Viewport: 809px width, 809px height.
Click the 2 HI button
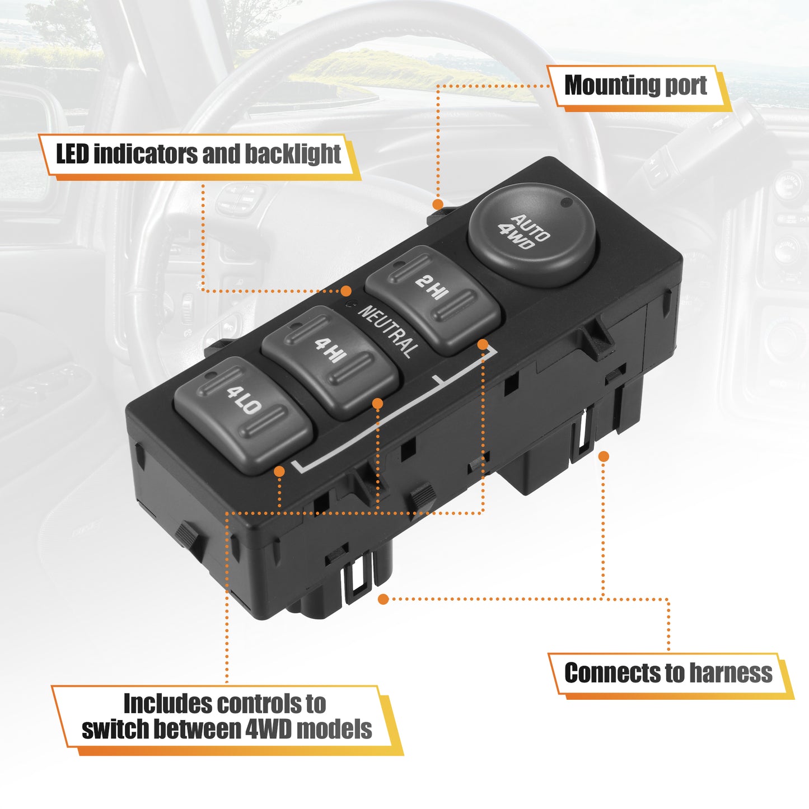tap(432, 300)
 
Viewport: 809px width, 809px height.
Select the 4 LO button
tap(243, 415)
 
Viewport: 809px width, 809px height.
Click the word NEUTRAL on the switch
tap(389, 331)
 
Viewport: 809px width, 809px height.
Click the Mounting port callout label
tap(639, 88)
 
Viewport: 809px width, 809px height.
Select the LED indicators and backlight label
tap(199, 156)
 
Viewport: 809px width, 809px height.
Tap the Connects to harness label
tap(670, 673)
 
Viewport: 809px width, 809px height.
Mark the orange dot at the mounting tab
tap(438, 204)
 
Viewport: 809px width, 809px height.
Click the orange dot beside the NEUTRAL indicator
tap(346, 291)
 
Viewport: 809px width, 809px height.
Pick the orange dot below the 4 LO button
tap(279, 471)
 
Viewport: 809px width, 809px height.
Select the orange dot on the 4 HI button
tap(377, 404)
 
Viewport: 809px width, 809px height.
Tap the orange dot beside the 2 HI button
tap(483, 345)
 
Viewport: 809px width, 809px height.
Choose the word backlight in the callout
tap(293, 154)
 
